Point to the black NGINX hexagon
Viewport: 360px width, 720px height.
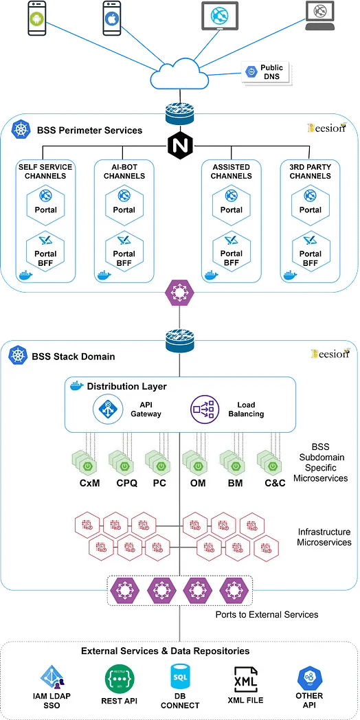[179, 146]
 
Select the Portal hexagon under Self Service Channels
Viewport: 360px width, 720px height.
[45, 203]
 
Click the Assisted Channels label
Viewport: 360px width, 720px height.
[232, 171]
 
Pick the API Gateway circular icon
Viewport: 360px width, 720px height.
[106, 409]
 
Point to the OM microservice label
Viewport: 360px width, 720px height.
[198, 483]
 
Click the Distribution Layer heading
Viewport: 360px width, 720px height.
[127, 387]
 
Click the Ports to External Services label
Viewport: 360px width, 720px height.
[267, 614]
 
